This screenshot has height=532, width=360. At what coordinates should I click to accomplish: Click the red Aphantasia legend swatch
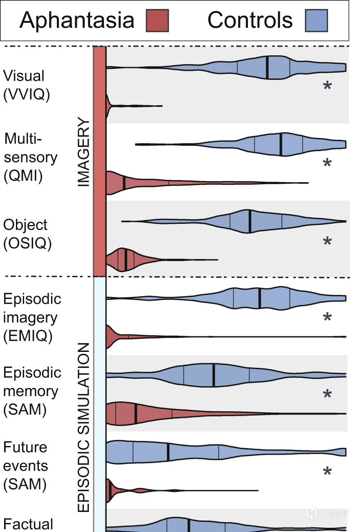click(x=157, y=20)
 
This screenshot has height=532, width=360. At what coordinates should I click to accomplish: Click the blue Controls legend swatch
click(x=316, y=20)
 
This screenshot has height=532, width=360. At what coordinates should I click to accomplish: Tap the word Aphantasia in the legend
click(x=77, y=21)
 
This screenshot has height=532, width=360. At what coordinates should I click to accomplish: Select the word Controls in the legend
click(x=250, y=20)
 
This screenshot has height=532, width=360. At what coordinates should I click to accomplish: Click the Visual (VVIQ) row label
click(x=26, y=85)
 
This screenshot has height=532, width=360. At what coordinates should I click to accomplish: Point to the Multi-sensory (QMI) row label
click(x=30, y=158)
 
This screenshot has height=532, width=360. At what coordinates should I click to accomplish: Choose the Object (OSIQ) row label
click(x=27, y=234)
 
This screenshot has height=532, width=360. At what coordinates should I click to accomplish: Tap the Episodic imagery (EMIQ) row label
click(x=32, y=318)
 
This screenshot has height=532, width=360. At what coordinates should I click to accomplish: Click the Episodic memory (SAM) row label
click(x=32, y=391)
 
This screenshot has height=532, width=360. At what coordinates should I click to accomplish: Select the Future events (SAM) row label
click(x=25, y=466)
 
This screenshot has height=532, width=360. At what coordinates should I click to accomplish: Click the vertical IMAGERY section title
click(x=83, y=151)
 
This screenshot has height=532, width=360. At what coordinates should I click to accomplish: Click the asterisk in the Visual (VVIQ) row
click(x=327, y=86)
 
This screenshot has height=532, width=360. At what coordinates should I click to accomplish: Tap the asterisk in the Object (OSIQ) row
click(x=327, y=241)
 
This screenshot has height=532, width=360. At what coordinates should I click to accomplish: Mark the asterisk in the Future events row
click(x=327, y=471)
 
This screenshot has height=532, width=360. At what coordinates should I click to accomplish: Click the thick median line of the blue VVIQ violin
click(x=267, y=68)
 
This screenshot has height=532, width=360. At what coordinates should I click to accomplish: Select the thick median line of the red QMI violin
click(x=124, y=183)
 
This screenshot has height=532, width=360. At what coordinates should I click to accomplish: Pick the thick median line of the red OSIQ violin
click(x=126, y=259)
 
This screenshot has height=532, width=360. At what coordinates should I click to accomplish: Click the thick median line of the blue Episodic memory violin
click(x=214, y=375)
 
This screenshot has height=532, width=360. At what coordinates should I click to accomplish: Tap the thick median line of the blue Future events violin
click(x=168, y=452)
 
